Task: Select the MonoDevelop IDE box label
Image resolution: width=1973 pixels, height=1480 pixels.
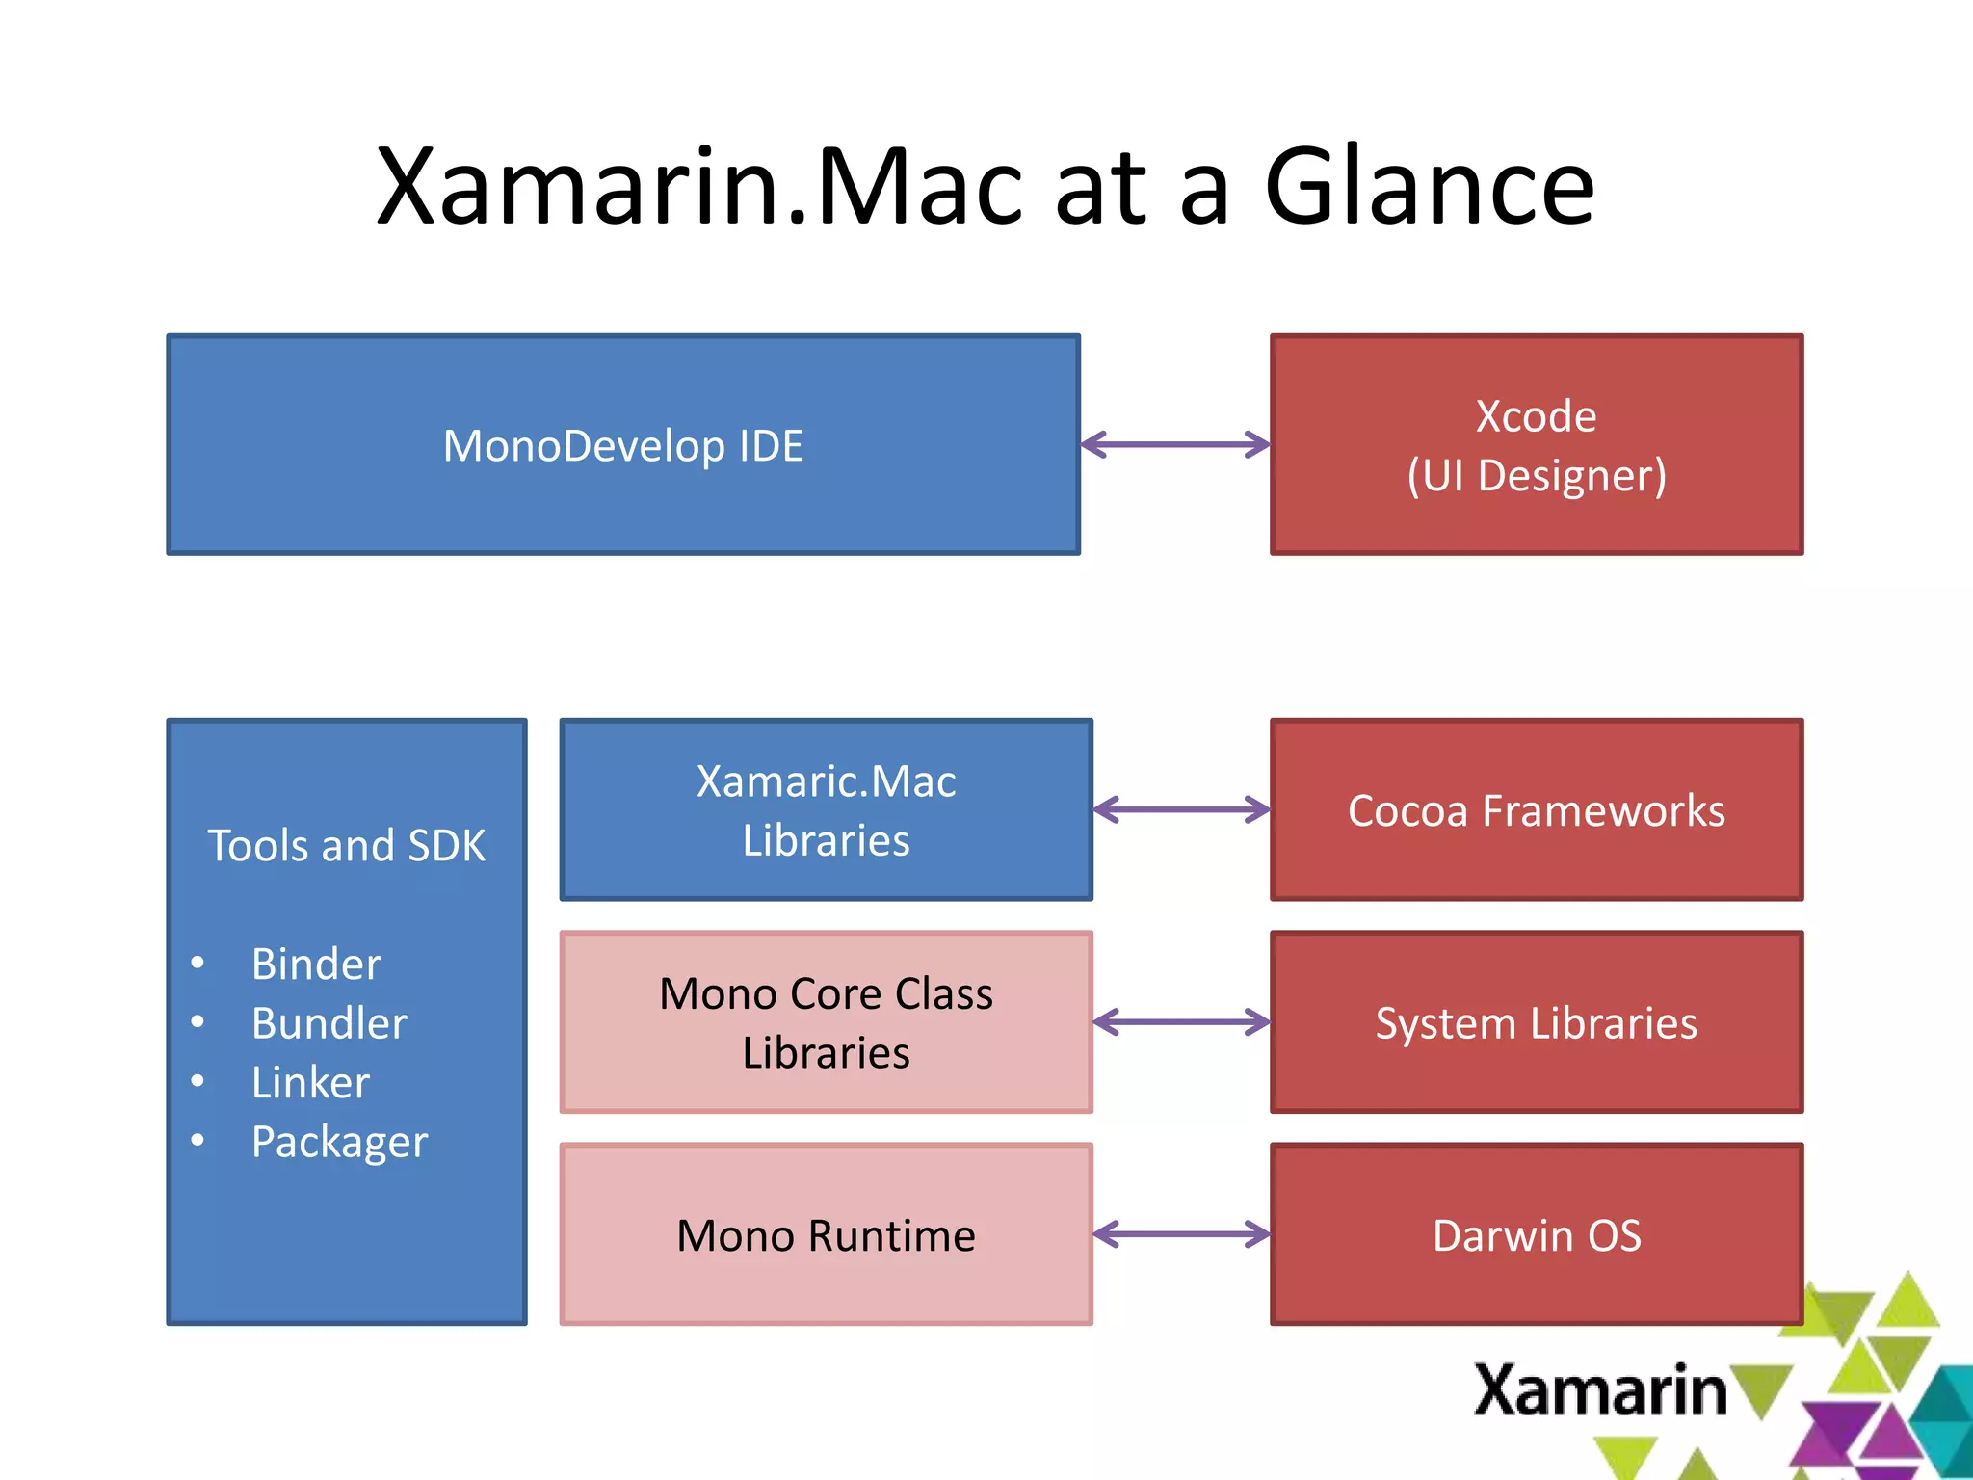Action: click(x=623, y=446)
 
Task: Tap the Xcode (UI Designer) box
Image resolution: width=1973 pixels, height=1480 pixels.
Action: click(x=1537, y=445)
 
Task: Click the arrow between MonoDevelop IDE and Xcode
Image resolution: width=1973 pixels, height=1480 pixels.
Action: click(x=1175, y=444)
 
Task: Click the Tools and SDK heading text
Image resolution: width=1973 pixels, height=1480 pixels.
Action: click(x=347, y=846)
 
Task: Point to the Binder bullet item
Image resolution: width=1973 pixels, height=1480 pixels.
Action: click(x=316, y=965)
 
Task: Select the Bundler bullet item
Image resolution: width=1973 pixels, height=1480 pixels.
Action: click(x=329, y=1023)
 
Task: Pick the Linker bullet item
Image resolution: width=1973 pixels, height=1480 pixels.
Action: click(x=310, y=1083)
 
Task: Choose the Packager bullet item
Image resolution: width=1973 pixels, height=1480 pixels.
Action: click(x=339, y=1143)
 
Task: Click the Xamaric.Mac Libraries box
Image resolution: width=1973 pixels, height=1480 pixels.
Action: click(x=826, y=810)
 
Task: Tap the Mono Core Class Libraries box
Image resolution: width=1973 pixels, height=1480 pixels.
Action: click(x=826, y=1022)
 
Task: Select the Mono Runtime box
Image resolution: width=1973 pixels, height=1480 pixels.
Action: click(x=826, y=1235)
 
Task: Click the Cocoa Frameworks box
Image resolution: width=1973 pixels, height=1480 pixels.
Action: click(x=1537, y=810)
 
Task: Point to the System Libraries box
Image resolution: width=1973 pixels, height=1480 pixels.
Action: click(x=1537, y=1022)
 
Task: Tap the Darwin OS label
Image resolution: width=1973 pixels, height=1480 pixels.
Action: click(x=1537, y=1235)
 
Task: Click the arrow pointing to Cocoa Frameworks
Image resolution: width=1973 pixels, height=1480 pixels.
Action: click(x=1182, y=809)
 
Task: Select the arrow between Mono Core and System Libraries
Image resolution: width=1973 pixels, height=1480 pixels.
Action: click(x=1182, y=1022)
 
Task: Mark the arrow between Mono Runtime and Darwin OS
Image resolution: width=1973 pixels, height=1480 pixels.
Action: click(x=1182, y=1234)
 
